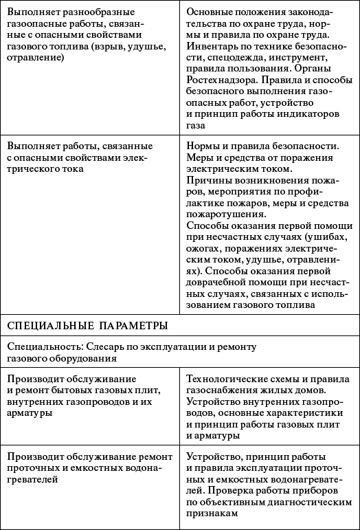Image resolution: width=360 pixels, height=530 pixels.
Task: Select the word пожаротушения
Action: (x=223, y=214)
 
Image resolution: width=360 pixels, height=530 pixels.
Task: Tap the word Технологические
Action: (x=228, y=379)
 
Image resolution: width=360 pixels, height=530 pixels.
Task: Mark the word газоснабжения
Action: (x=222, y=390)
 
